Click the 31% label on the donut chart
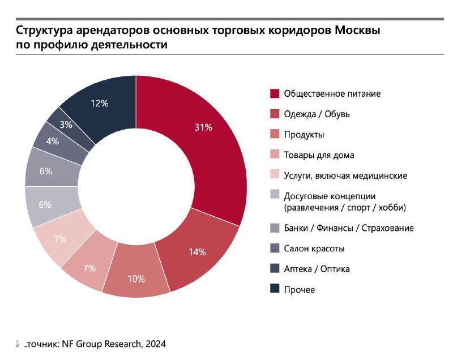tap(203, 128)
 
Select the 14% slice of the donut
tap(196, 251)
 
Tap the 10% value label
tap(136, 278)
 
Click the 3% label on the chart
tap(66, 125)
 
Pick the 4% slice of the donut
tap(53, 141)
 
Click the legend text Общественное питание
tap(332, 93)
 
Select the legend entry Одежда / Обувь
tap(317, 114)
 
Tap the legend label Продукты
tap(304, 135)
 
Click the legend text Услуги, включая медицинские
tap(345, 175)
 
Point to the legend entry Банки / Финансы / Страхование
tap(348, 228)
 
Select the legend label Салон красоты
tap(314, 248)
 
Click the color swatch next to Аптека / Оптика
tap(275, 269)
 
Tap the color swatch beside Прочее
tap(275, 289)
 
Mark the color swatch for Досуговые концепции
tap(275, 196)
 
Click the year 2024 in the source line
tap(155, 344)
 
